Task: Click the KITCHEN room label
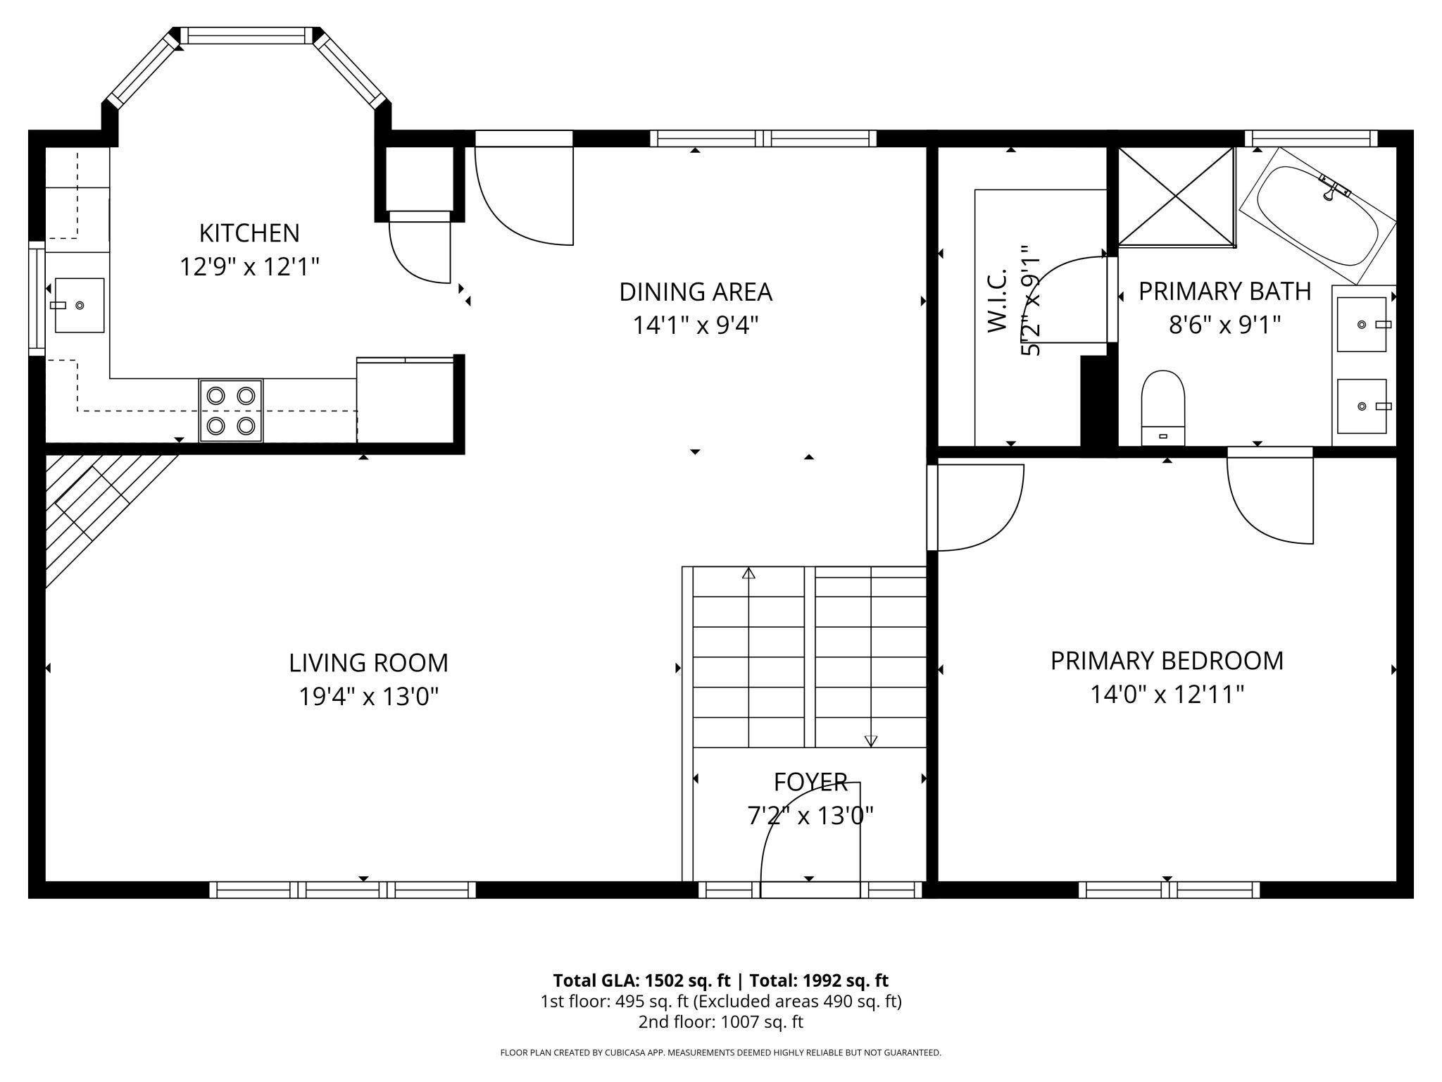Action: tap(249, 232)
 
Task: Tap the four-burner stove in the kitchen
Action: tap(231, 411)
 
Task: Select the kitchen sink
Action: tap(80, 305)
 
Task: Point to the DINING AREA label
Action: tap(696, 292)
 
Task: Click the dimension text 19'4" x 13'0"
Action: tap(369, 697)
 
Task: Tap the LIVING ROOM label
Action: tap(368, 663)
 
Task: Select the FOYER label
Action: tap(810, 782)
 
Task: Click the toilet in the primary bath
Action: tap(1163, 409)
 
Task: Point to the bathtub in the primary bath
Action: tap(1317, 216)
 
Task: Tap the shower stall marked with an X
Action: tap(1177, 197)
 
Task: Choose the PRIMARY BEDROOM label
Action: tap(1167, 661)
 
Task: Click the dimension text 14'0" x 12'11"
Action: tap(1167, 695)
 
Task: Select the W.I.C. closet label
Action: tap(998, 300)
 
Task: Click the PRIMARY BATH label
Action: tap(1225, 291)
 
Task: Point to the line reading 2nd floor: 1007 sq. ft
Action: tap(721, 1022)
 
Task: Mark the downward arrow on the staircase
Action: tap(871, 740)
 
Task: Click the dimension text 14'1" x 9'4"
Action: tap(696, 325)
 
